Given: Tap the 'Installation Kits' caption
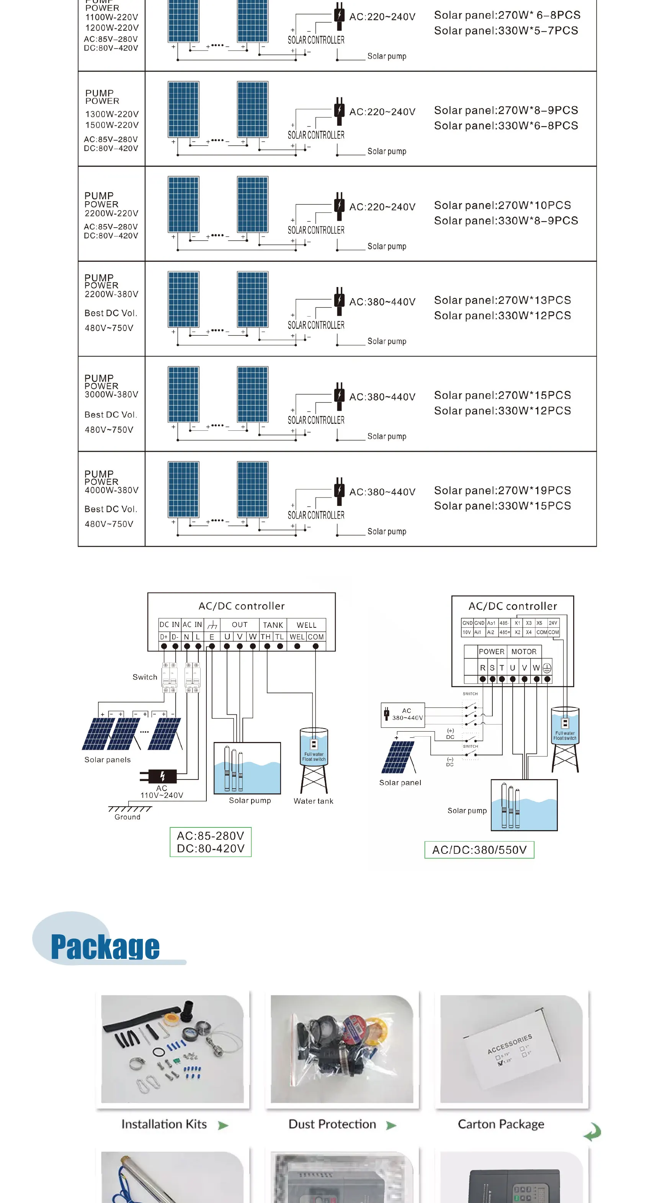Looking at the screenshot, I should [x=164, y=1124].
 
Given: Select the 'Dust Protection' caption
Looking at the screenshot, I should [x=332, y=1124].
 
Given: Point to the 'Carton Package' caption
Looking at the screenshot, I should [x=501, y=1124].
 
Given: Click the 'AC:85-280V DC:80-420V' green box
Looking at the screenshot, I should [x=211, y=842].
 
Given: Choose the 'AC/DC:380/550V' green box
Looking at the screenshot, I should [x=479, y=850].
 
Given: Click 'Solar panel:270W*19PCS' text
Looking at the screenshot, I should [x=502, y=490].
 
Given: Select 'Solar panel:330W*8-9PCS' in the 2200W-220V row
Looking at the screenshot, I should [x=506, y=220].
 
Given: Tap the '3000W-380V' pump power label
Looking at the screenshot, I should [x=111, y=394].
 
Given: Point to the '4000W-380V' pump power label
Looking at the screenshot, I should [x=111, y=490].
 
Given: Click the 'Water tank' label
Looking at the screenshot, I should [x=313, y=801].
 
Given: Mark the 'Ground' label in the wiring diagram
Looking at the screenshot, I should [x=127, y=817].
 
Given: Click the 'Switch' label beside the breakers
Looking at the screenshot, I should [x=145, y=677].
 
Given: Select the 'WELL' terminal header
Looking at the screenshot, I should [x=307, y=625].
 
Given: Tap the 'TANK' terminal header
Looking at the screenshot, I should [x=273, y=625].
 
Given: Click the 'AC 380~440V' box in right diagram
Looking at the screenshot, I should [x=403, y=714].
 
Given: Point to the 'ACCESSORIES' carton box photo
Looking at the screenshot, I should [x=511, y=1049].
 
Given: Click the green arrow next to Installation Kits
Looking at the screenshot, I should [x=224, y=1125].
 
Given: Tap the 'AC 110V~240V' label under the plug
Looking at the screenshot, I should [x=162, y=791].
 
